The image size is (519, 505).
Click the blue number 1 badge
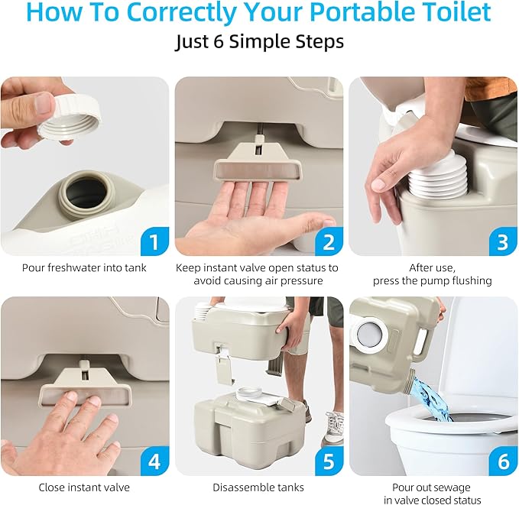[153, 242]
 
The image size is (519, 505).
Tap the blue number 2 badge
[327, 242]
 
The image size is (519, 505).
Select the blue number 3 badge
[502, 242]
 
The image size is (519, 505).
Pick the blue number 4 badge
[153, 462]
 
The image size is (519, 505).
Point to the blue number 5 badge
[327, 462]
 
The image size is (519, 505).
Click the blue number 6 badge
[502, 462]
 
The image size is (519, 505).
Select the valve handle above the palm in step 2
[258, 167]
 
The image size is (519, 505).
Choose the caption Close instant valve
[84, 487]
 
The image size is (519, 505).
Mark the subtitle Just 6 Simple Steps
[258, 42]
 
